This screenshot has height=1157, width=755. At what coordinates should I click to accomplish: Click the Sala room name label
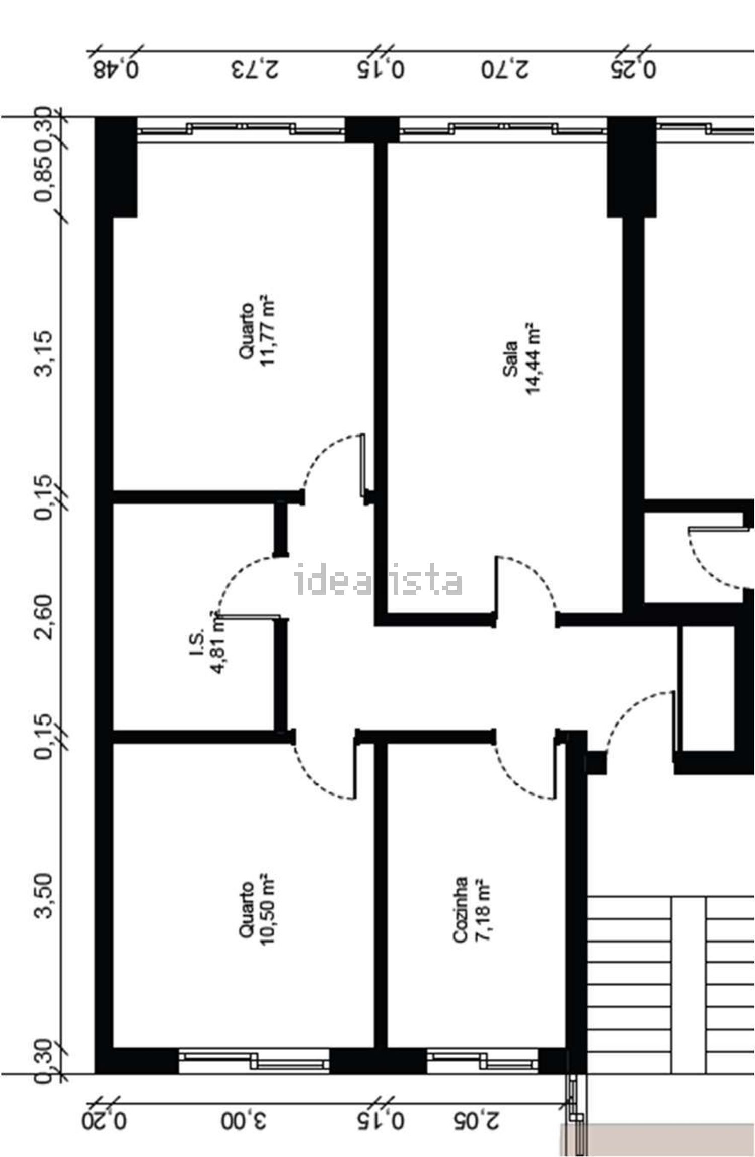[x=510, y=359]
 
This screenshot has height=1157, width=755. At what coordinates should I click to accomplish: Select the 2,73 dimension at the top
[x=255, y=69]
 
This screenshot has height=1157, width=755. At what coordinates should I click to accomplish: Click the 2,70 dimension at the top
[x=504, y=69]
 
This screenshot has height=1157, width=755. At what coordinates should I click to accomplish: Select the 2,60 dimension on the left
[x=43, y=616]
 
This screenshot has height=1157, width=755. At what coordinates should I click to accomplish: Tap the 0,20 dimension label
[x=104, y=1117]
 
